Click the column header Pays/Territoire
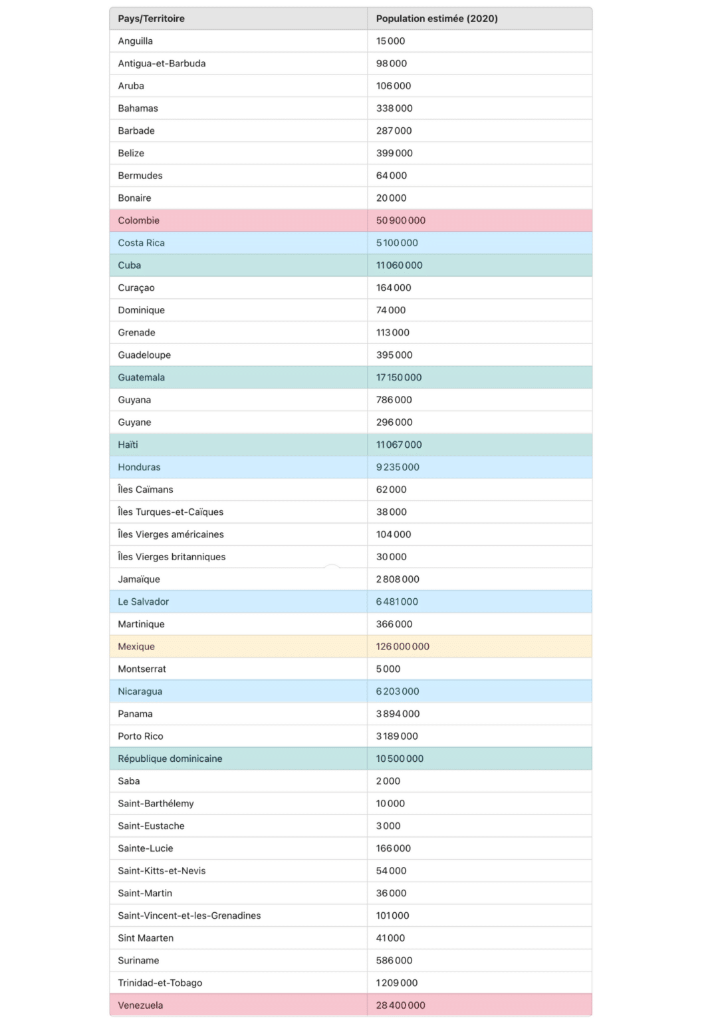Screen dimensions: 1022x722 [152, 19]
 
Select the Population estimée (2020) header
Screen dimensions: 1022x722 [437, 19]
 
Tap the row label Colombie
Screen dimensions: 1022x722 [139, 220]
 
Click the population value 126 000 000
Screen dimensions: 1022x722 [403, 647]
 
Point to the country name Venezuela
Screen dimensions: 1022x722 [140, 1005]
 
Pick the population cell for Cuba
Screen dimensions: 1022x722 [400, 265]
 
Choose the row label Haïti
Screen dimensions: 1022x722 [128, 444]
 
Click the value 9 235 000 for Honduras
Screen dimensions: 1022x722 [398, 467]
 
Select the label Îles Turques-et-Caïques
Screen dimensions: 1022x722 [171, 512]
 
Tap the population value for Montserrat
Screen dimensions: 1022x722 [388, 669]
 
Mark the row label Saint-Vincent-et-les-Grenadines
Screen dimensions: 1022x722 [189, 916]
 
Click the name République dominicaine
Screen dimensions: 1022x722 [170, 759]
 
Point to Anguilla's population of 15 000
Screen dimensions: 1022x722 [390, 41]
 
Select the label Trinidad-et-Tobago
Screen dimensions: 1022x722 [160, 983]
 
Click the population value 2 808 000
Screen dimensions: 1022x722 [398, 580]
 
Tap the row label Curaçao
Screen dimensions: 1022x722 [136, 288]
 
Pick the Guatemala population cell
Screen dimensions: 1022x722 [399, 377]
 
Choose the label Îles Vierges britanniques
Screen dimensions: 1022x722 [172, 557]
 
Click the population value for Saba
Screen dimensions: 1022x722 [388, 781]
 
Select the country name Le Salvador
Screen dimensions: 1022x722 [144, 601]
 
